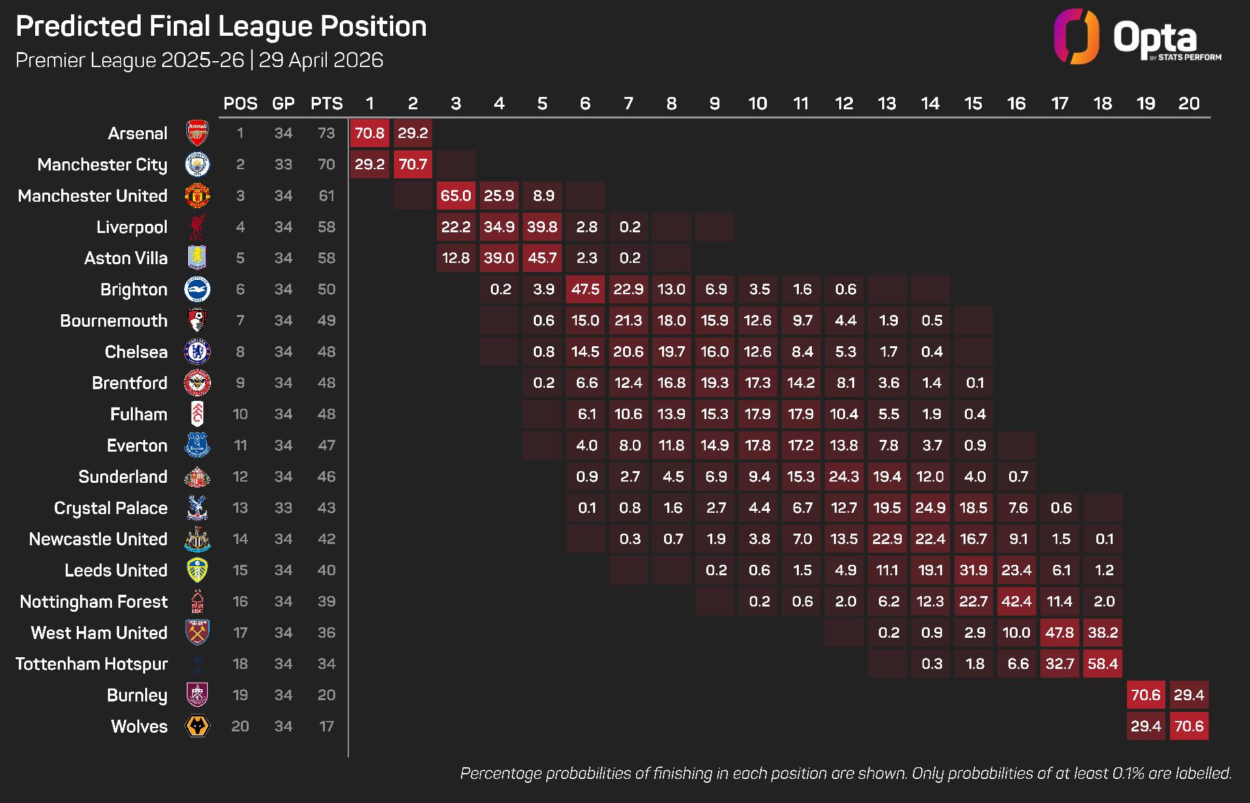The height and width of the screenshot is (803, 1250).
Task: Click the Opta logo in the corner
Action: click(x=1137, y=36)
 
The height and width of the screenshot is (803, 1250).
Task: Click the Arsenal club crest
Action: click(x=197, y=133)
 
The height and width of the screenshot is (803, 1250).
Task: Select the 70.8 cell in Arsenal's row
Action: click(x=369, y=133)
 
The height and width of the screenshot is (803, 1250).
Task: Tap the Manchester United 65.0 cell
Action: click(x=456, y=195)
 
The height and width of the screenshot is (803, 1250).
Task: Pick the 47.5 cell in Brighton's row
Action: click(x=585, y=289)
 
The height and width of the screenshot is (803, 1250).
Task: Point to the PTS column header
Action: click(x=326, y=103)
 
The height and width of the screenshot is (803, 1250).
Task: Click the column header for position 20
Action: click(x=1189, y=103)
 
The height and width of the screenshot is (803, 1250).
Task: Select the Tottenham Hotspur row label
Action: click(x=92, y=664)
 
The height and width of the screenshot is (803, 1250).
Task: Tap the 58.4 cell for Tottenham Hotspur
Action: click(x=1102, y=664)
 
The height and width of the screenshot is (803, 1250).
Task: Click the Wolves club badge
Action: click(x=197, y=726)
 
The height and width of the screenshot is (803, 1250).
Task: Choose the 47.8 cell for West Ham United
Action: click(x=1059, y=633)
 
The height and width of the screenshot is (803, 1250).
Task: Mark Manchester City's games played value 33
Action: click(x=283, y=164)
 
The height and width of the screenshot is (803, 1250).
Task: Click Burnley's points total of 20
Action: click(x=326, y=695)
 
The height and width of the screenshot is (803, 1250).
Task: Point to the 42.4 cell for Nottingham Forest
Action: click(x=1016, y=601)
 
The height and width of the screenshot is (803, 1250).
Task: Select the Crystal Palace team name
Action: click(x=111, y=508)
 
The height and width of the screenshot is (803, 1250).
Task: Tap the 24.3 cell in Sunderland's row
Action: click(x=844, y=476)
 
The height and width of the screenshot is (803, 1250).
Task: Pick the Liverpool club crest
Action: click(x=197, y=226)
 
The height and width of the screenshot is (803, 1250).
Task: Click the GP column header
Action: click(x=283, y=103)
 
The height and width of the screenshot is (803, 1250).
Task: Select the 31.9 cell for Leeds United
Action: click(x=973, y=570)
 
